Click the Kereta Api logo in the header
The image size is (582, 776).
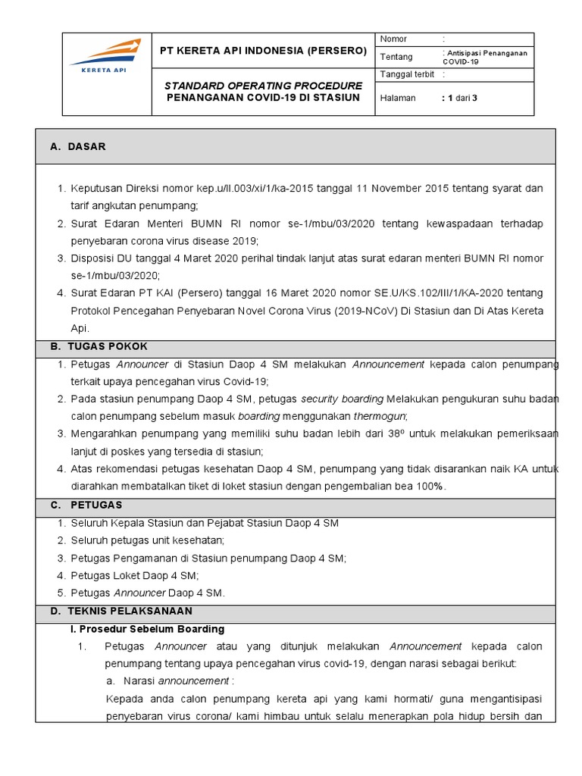105,58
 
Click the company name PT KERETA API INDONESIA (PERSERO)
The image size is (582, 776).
263,51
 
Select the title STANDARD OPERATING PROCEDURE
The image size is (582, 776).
263,85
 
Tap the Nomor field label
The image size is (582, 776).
393,39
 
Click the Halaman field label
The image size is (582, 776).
397,98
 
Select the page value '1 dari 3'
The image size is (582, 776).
462,98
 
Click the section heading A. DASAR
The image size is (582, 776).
78,146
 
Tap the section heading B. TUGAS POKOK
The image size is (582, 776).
99,346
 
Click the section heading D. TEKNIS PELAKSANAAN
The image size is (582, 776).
121,611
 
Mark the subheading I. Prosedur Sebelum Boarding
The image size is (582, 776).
147,629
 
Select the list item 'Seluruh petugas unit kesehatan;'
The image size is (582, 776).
148,540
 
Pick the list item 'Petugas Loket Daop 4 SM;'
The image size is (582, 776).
134,575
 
